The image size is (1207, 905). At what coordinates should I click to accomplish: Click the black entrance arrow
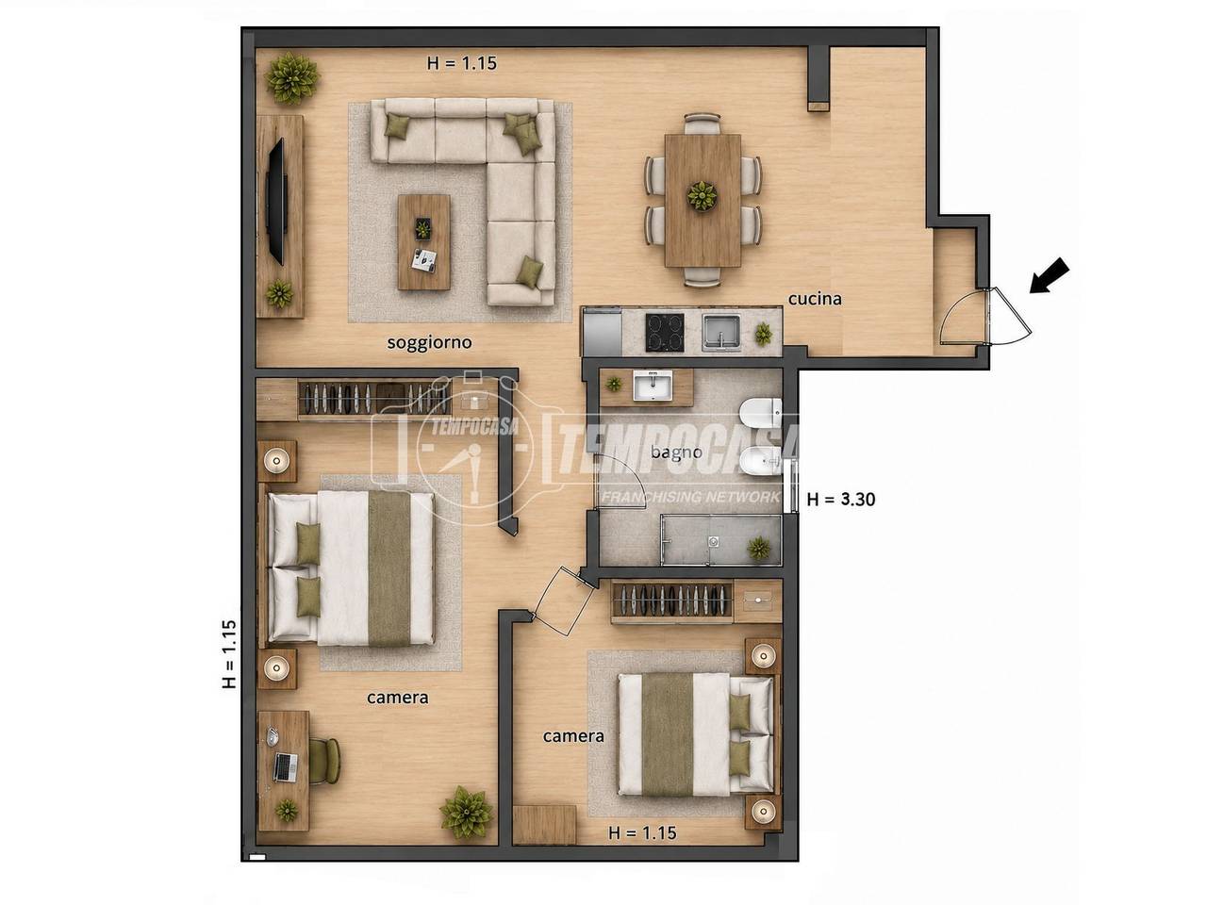pos(1050,276)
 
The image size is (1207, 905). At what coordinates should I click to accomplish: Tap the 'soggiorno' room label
pos(429,343)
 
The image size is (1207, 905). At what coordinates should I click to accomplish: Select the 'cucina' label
pos(815,299)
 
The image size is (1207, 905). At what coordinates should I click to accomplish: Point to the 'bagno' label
pos(676,452)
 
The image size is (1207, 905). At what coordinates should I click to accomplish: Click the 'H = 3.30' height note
pos(841,500)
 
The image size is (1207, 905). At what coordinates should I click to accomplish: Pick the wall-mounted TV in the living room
pos(275,202)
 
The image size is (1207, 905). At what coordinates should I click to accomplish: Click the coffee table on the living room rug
pos(424,241)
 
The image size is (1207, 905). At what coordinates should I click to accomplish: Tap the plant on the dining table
pos(703,196)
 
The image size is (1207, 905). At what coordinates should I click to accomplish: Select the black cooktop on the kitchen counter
pos(665,332)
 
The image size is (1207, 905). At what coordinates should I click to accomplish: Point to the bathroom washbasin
pos(653,386)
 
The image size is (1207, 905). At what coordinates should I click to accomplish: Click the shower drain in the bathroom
pos(714,541)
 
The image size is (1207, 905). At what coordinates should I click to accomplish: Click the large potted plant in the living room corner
pos(292,78)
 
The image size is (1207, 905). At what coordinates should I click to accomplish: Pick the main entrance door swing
pos(984,317)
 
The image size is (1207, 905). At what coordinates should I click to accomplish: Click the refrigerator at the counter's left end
pos(603,332)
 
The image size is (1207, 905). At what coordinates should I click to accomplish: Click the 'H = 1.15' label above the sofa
pos(462,63)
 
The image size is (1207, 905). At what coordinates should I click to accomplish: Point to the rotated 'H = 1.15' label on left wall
pos(229,654)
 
